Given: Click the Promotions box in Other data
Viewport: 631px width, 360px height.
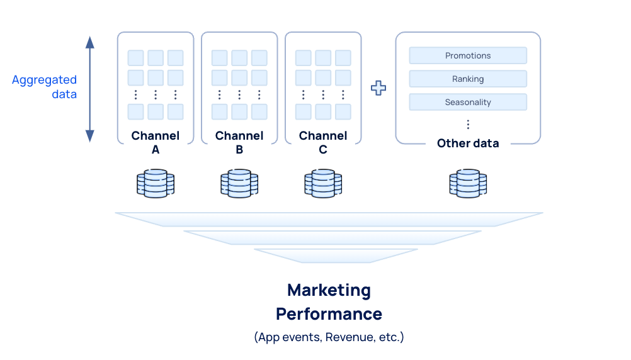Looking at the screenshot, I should pos(468,55).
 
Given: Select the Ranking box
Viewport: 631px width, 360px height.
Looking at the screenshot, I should pos(468,79).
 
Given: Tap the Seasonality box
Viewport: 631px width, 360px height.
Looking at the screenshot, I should pos(468,102).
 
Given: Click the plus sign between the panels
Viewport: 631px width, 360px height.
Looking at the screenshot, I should pos(378,88).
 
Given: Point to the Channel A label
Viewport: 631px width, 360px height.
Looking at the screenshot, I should pos(156,143).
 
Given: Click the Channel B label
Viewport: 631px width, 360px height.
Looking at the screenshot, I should pos(239,143).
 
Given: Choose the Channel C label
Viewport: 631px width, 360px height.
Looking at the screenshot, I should pos(323,143).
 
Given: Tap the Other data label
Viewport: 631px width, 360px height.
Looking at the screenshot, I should pos(468,143).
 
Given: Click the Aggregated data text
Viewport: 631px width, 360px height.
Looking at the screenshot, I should pos(45,87).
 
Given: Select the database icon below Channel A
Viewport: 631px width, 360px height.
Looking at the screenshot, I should pos(156,183).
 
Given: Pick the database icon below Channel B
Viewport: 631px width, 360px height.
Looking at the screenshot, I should pos(239,183).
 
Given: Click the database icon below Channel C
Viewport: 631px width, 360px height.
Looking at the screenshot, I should pos(323,183).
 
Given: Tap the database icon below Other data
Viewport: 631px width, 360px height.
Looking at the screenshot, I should pos(468,183).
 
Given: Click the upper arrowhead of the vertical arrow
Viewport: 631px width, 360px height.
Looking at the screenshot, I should pos(90,42).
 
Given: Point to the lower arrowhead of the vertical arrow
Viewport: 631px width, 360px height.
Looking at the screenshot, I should pos(90,135).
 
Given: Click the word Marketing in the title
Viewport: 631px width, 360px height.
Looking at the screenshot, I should pos(329,290).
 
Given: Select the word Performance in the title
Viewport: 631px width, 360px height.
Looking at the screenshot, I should pos(329,313).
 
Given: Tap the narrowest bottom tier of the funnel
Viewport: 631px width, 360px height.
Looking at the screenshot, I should pos(335,256).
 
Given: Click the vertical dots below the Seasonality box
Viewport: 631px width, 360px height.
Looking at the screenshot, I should pos(468,124).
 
